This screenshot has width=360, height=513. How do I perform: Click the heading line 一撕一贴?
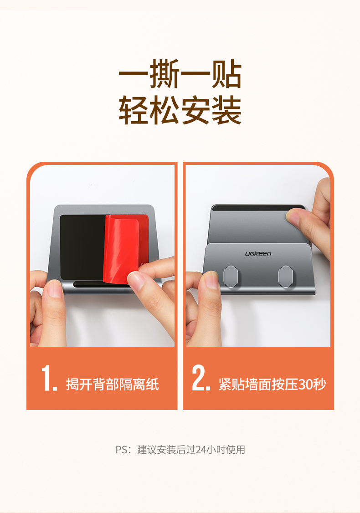point(180,76)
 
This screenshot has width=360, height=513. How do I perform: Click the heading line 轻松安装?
point(180,111)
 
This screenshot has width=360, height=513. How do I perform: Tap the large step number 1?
point(49,378)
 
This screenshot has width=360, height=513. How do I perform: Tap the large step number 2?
point(201,378)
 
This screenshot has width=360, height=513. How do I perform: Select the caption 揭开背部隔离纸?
point(113,385)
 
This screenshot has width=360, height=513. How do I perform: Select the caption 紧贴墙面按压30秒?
point(272,385)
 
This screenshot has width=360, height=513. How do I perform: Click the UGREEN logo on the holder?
point(258,253)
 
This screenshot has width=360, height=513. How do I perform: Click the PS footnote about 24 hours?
point(180,450)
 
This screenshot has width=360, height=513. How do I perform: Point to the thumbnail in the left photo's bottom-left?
point(54,289)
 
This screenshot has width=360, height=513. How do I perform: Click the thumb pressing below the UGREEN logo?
point(211,280)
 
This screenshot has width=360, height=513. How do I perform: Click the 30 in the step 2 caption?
point(305,385)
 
